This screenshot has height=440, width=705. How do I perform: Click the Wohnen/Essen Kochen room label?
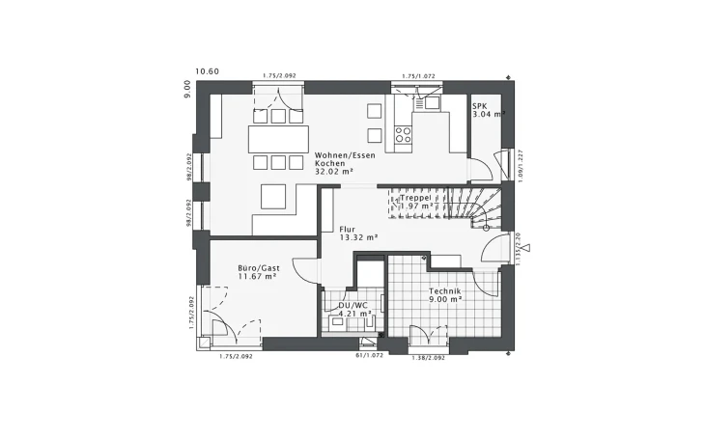point(333,159)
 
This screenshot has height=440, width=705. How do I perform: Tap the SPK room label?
point(480,104)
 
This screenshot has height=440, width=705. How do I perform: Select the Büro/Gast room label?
point(258,268)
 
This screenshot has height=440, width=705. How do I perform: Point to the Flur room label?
point(347,229)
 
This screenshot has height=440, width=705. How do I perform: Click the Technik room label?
point(445,290)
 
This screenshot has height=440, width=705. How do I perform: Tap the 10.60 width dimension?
point(207,71)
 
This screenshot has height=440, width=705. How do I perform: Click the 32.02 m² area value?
point(334,172)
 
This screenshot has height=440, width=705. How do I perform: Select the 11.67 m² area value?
point(258,277)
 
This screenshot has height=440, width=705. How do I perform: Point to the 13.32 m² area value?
point(357,236)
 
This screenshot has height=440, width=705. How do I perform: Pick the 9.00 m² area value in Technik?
point(445,299)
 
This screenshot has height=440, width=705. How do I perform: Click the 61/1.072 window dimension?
point(370,355)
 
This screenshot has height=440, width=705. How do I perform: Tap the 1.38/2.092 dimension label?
point(428,357)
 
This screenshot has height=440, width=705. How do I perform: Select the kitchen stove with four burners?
point(404,133)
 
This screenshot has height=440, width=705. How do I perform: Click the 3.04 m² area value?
point(488,114)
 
